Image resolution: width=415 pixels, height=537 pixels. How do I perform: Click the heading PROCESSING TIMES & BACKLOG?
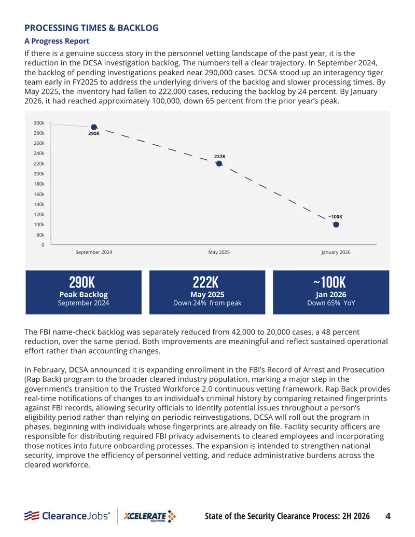point(91,27)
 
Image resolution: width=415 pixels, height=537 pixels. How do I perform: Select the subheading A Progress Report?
point(57,41)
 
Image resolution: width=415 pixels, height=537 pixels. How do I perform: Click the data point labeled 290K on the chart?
point(94,128)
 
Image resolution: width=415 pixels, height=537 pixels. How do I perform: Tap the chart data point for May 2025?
point(219,164)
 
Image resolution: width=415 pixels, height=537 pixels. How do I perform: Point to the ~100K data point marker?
point(336,225)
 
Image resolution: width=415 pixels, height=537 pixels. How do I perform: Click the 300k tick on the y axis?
point(39,123)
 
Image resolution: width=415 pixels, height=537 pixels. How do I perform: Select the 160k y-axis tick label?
point(39,194)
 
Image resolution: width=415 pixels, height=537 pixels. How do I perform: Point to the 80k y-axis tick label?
point(40,235)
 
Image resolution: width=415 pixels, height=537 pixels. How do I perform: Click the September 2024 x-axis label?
point(94,252)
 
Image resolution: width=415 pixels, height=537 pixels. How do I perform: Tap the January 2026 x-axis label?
point(336,252)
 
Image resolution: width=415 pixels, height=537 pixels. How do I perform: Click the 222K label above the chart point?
point(220,157)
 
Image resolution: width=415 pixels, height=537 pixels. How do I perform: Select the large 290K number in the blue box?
point(82,283)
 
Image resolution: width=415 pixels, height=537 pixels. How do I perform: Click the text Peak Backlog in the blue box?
point(84,295)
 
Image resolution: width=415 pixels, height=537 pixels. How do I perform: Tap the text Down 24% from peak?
point(207,303)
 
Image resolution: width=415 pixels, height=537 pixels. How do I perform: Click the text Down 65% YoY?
point(331,303)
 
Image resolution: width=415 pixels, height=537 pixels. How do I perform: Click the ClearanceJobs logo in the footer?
point(67,516)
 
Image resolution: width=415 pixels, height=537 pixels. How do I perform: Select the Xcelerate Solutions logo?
point(149,516)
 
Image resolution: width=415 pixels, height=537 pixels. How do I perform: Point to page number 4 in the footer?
point(388,516)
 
